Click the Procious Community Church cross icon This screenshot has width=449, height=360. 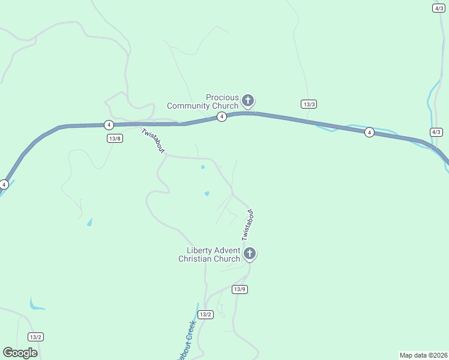(247, 100)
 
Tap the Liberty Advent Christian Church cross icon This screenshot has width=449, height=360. (249, 254)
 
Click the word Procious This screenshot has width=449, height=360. (222, 97)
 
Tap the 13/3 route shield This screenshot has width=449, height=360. (309, 104)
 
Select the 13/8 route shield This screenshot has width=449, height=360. (115, 138)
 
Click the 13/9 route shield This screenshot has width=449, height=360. (240, 289)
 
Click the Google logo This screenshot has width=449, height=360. (20, 353)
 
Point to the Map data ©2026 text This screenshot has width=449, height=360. (423, 355)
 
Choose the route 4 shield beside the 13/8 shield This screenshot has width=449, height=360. (108, 125)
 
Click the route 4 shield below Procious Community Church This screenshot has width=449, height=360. (221, 116)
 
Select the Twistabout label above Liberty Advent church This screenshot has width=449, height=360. (248, 225)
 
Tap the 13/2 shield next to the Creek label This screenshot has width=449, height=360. (205, 314)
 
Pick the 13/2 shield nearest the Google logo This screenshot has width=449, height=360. (35, 337)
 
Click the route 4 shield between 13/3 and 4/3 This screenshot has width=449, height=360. (369, 132)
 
